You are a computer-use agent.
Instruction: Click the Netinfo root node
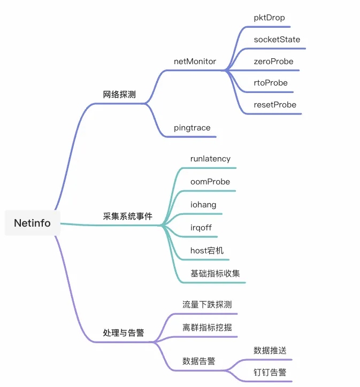pyautogui.click(x=32, y=223)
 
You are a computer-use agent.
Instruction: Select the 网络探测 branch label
pyautogui.click(x=119, y=94)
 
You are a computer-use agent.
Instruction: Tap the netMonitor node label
pyautogui.click(x=195, y=61)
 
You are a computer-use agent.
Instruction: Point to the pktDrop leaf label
pyautogui.click(x=269, y=18)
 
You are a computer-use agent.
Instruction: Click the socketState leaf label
pyautogui.click(x=277, y=40)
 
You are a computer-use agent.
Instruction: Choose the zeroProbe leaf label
pyautogui.click(x=273, y=61)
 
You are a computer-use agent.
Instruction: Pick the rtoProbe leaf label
pyautogui.click(x=271, y=83)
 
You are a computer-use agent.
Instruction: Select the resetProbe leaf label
pyautogui.click(x=275, y=105)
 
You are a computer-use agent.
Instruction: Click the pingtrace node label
pyautogui.click(x=192, y=128)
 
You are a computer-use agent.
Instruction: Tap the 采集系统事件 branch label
pyautogui.click(x=128, y=216)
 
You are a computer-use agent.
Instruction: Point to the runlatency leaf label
pyautogui.click(x=210, y=159)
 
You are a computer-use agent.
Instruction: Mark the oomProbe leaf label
pyautogui.click(x=210, y=182)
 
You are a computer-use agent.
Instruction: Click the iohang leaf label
pyautogui.click(x=203, y=205)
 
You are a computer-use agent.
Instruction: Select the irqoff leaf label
pyautogui.click(x=201, y=228)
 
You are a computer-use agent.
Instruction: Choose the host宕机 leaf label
pyautogui.click(x=207, y=251)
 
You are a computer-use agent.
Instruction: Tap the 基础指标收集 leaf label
pyautogui.click(x=215, y=274)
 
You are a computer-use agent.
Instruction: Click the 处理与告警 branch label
pyautogui.click(x=124, y=332)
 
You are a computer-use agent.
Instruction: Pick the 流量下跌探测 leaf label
pyautogui.click(x=207, y=305)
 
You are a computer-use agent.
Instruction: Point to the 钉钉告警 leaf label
pyautogui.click(x=270, y=372)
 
